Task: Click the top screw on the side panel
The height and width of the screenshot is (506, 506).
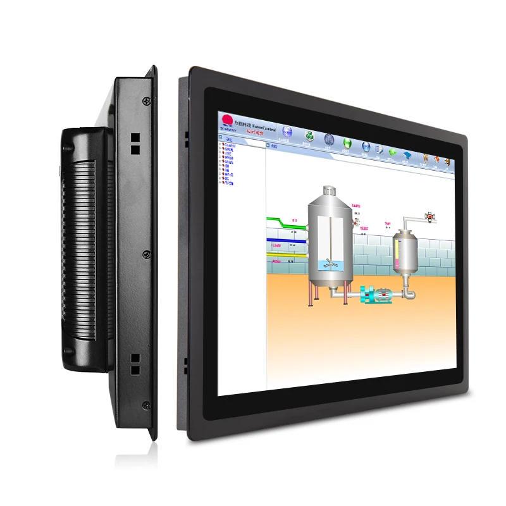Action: tap(147, 101)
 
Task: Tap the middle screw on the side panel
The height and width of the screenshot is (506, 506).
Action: tap(147, 254)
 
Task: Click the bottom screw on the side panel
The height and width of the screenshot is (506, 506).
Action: tap(146, 405)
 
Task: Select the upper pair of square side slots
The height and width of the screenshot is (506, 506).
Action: tap(135, 143)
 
